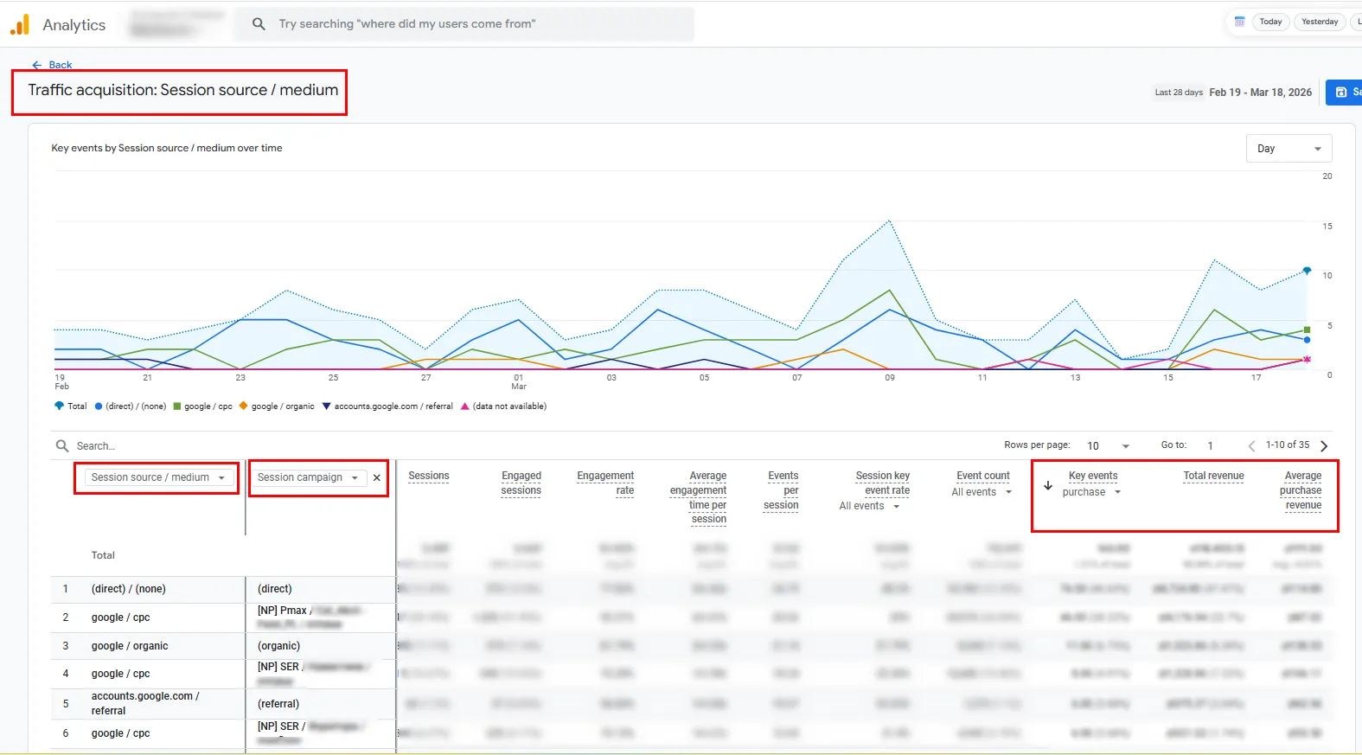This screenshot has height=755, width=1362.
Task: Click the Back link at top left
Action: [x=53, y=65]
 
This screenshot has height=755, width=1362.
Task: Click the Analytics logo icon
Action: [x=20, y=25]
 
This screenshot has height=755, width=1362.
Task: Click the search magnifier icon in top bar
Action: [x=259, y=24]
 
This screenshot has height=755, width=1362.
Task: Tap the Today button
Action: [x=1270, y=22]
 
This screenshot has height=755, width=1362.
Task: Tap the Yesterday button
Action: [x=1319, y=22]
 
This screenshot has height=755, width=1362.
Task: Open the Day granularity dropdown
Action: [x=1288, y=149]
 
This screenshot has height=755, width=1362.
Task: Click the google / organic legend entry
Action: [x=282, y=406]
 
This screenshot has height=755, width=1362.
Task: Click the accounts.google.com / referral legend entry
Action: [x=393, y=406]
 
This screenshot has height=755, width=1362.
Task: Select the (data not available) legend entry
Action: [x=508, y=406]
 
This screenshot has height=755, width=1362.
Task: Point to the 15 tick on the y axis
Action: [x=1327, y=227]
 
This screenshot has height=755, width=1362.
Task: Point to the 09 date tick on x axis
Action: [x=889, y=378]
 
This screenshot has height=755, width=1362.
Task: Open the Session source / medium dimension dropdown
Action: [x=157, y=477]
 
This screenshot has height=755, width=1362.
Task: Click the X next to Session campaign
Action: [x=377, y=477]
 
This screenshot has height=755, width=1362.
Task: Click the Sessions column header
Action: [x=428, y=476]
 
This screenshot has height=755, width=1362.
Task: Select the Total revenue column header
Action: [x=1213, y=476]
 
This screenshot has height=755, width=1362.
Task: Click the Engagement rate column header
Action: [x=605, y=483]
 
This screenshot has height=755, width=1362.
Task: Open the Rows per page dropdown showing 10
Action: [x=1108, y=445]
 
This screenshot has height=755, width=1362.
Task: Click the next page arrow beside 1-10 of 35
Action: [x=1323, y=445]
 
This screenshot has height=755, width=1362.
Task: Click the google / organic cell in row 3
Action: [x=130, y=646]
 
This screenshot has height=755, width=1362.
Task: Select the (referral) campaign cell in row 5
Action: [x=278, y=704]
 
